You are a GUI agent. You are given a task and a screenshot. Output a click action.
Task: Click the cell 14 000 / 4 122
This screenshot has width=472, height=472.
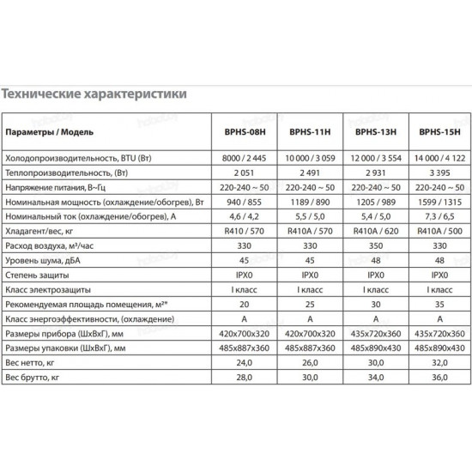click(x=438, y=158)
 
